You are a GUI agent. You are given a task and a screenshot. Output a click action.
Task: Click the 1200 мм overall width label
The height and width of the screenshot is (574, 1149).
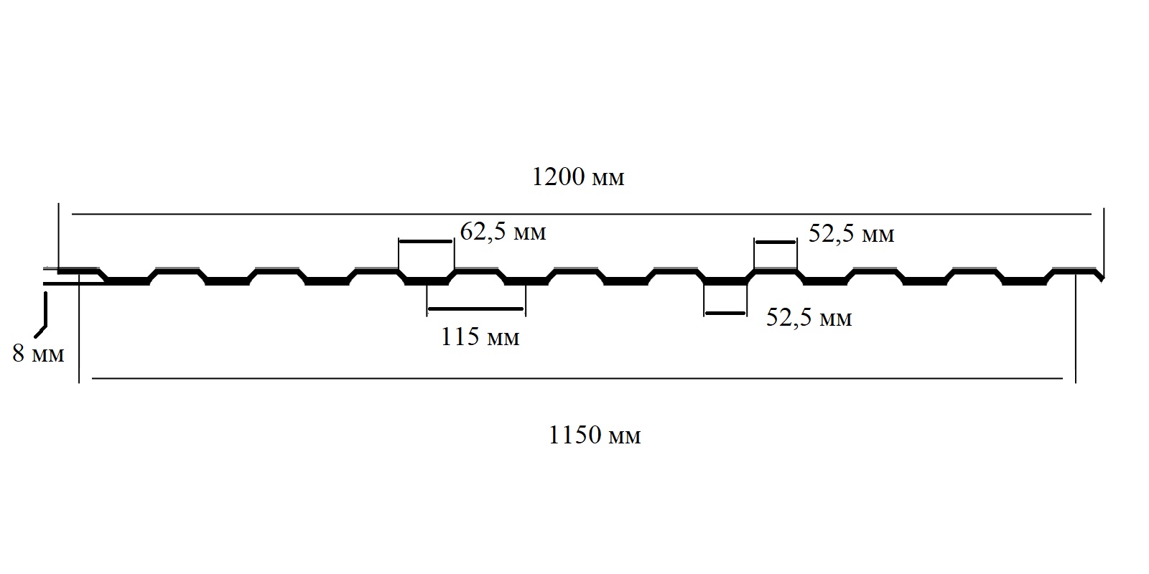578,177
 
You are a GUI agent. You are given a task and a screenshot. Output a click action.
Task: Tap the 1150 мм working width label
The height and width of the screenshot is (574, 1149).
595,436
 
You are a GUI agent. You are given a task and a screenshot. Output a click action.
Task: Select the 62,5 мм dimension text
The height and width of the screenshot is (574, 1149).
503,232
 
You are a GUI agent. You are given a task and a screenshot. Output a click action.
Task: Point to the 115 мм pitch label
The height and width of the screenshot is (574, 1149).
480,337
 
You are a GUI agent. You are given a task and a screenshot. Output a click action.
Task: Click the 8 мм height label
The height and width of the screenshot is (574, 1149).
39,354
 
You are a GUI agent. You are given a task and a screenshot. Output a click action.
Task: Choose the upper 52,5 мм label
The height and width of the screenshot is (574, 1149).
852,234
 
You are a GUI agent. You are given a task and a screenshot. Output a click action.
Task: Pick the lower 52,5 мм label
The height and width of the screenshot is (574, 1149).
809,318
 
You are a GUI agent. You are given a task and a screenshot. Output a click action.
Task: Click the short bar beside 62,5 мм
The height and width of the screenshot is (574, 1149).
426,241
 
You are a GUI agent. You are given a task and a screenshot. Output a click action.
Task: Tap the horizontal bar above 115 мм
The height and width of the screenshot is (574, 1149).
475,309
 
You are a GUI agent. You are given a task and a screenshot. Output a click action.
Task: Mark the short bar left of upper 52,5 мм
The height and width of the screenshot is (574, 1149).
775,242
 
